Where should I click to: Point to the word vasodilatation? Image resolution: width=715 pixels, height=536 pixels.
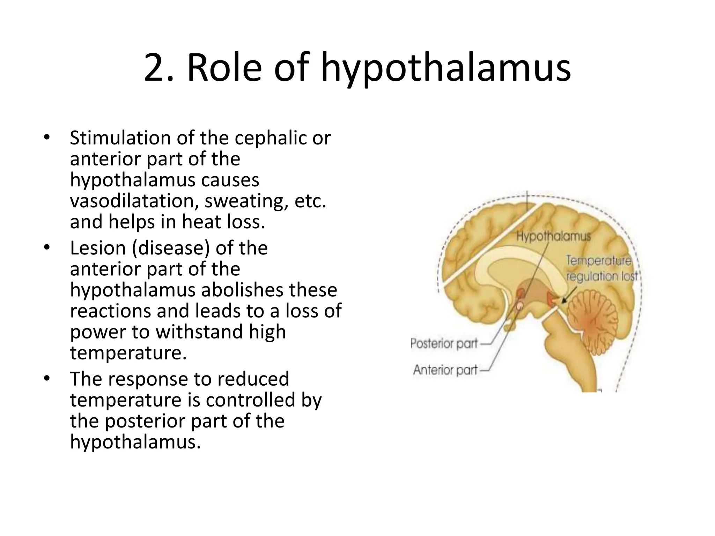tap(134, 201)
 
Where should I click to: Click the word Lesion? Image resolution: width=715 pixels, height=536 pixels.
tap(98, 248)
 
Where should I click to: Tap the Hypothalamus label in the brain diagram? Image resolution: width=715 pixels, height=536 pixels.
tap(553, 237)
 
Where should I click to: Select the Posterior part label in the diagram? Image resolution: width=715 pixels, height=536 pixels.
tap(444, 344)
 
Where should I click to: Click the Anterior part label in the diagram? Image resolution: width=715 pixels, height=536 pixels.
tap(445, 370)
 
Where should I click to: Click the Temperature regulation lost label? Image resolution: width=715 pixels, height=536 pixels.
tap(601, 268)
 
